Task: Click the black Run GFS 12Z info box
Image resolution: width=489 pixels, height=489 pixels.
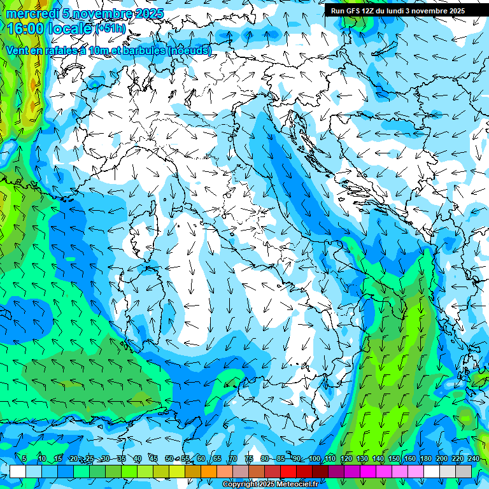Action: click(x=397, y=10)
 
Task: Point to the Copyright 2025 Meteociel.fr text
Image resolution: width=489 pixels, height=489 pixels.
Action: click(x=270, y=485)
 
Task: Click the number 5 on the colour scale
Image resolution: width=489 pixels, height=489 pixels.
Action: click(x=24, y=458)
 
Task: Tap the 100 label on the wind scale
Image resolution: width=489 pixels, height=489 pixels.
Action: click(x=314, y=458)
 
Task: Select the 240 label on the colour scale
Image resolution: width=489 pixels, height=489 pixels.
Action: click(x=473, y=458)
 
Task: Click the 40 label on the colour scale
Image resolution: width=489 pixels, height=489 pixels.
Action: click(x=138, y=458)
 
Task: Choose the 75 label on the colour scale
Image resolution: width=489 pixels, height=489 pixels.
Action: click(x=249, y=458)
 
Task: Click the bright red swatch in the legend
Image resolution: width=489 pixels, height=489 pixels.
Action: click(x=288, y=471)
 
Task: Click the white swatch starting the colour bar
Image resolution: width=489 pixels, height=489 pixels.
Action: click(x=18, y=471)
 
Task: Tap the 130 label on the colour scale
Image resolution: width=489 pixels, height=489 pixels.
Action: click(x=362, y=458)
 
